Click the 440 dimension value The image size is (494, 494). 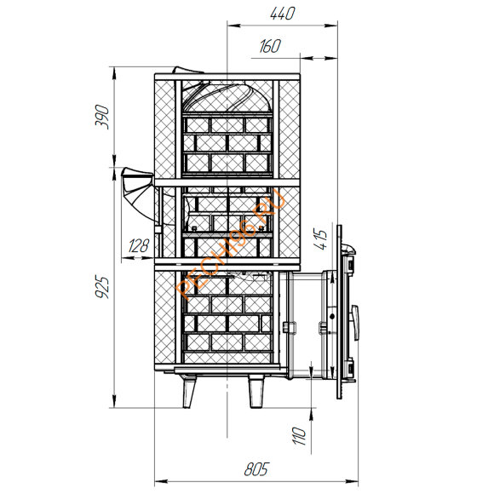283,14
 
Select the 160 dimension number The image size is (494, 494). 270,46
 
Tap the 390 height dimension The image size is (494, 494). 102,117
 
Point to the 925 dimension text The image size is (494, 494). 102,287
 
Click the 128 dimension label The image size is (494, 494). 138,246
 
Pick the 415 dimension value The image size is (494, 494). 321,239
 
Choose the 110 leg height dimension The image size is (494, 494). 299,436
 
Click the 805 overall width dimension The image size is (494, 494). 256,469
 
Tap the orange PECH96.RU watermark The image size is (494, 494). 231,244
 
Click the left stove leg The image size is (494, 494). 189,392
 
